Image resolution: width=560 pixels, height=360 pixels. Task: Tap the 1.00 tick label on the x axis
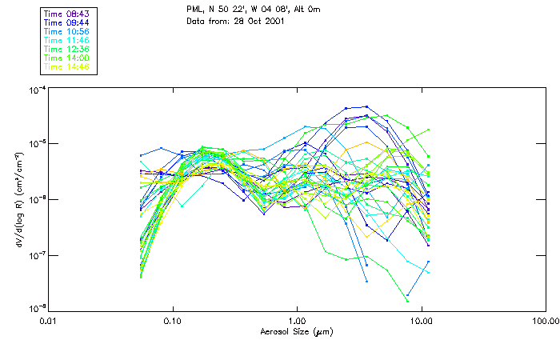pyautogui.click(x=297, y=322)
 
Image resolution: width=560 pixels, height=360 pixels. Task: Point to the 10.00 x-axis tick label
pyautogui.click(x=421, y=322)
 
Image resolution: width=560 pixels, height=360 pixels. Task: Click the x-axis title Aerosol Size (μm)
pyautogui.click(x=297, y=330)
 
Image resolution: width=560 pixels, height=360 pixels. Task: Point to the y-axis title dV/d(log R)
pyautogui.click(x=18, y=198)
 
